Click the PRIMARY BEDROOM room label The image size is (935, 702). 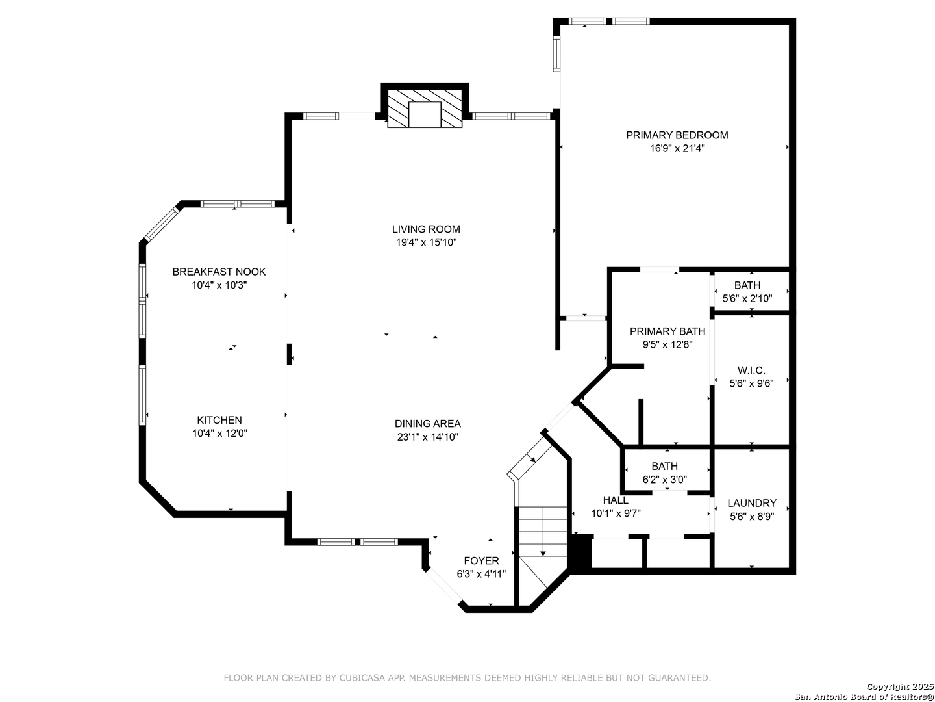pos(677,135)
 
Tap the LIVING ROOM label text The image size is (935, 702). pos(425,229)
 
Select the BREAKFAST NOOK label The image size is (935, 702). pos(219,272)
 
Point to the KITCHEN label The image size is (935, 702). pos(219,420)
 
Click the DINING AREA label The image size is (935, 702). pos(427,423)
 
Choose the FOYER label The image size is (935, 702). pos(481,560)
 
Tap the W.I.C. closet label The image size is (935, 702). pos(751,370)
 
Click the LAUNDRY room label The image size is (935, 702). pos(751,503)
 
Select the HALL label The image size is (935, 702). pos(615,500)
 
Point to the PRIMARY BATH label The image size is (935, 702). pos(667,331)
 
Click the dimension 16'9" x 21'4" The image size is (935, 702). pos(677,148)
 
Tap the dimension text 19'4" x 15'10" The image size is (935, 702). pos(426,242)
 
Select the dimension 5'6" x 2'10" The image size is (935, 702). pos(747,298)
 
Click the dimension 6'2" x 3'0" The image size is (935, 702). pos(664,480)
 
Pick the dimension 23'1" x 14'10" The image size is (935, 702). pos(427,437)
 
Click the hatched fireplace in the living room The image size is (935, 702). pos(424,109)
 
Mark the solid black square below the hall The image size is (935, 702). pos(581,551)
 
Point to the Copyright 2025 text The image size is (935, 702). pos(900,686)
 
